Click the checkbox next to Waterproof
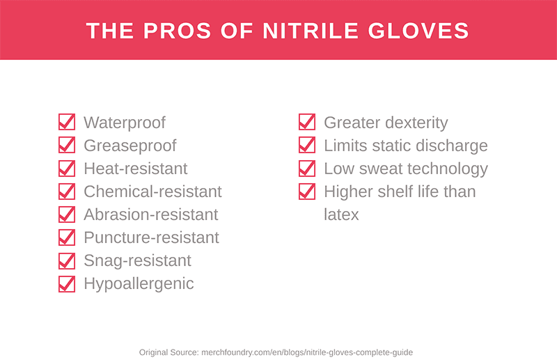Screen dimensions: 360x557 (66, 123)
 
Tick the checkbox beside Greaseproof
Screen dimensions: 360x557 (66, 146)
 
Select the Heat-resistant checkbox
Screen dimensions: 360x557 (66, 169)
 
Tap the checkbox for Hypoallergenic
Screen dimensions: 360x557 (66, 283)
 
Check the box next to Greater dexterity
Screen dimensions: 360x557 (306, 123)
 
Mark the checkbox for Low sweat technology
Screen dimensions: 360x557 (306, 169)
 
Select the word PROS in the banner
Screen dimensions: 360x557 (174, 31)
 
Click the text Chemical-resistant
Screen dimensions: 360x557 (152, 191)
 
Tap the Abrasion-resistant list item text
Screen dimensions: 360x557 (150, 214)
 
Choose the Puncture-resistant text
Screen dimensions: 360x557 (151, 237)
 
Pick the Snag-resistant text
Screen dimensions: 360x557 (137, 260)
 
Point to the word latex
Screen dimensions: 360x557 (341, 214)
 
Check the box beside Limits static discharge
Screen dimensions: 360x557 (306, 146)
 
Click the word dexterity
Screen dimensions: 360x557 (414, 123)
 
